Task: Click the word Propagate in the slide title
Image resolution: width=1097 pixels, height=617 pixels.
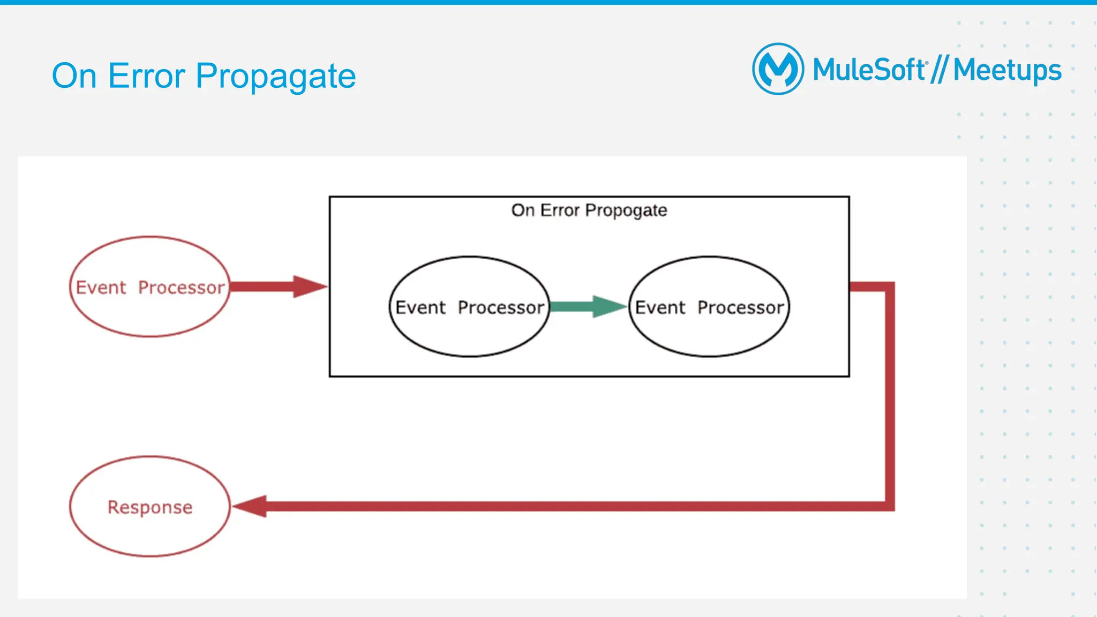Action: (275, 76)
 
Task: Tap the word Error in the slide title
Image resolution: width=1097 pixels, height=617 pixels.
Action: (146, 76)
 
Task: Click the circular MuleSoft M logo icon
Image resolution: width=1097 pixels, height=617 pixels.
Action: (778, 69)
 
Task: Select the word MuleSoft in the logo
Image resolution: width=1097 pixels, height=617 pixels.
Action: (869, 70)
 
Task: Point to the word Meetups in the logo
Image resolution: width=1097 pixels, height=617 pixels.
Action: (1007, 71)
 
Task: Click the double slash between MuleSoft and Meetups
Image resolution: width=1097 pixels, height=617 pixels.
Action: (940, 70)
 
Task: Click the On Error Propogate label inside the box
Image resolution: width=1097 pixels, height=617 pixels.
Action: (589, 210)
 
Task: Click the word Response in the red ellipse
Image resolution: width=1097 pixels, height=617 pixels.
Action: (150, 507)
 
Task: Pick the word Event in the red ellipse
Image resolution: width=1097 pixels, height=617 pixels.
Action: (101, 288)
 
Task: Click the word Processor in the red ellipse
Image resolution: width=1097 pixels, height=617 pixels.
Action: (181, 288)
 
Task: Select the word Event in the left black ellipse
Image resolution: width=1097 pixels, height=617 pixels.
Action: (420, 307)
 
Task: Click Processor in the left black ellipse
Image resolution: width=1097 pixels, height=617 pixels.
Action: (501, 307)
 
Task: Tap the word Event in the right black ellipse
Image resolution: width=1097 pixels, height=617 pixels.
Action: (660, 307)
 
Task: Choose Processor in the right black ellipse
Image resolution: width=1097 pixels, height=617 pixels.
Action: (740, 307)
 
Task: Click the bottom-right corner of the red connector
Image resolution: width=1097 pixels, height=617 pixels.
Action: (889, 506)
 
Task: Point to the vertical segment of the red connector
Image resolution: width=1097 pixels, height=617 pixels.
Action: (889, 396)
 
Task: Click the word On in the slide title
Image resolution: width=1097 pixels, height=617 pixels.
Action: (74, 76)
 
